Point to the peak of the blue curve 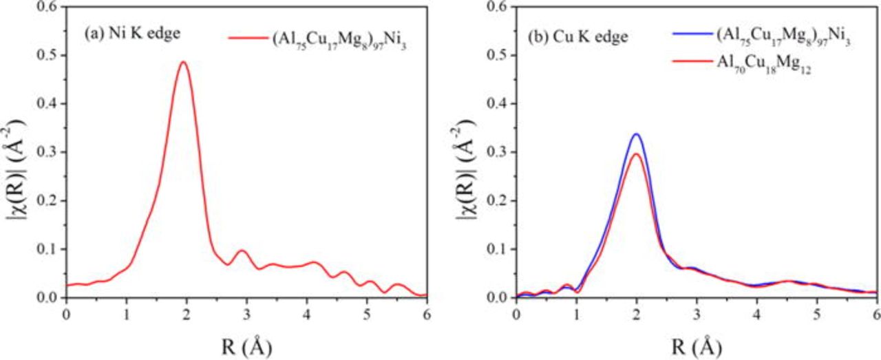tap(637, 134)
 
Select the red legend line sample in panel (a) tap(246, 39)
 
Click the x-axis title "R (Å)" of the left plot tap(246, 345)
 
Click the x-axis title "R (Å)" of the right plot tap(696, 345)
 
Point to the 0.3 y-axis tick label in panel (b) tap(498, 152)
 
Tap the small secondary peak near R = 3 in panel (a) tap(241, 251)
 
